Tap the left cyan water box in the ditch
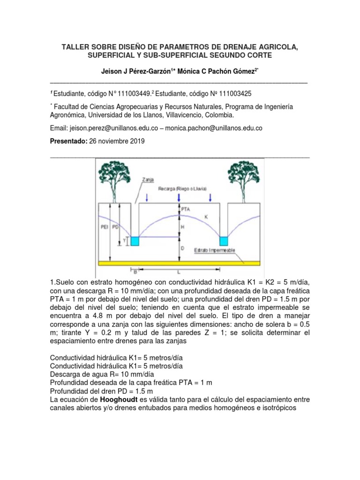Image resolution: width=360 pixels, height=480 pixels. click(135, 241)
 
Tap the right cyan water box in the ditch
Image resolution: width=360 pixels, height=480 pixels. click(223, 241)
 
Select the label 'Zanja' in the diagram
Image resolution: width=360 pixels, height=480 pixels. click(147, 179)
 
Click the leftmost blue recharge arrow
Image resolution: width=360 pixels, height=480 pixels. click(148, 198)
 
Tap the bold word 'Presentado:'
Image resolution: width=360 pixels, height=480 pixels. click(68, 141)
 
